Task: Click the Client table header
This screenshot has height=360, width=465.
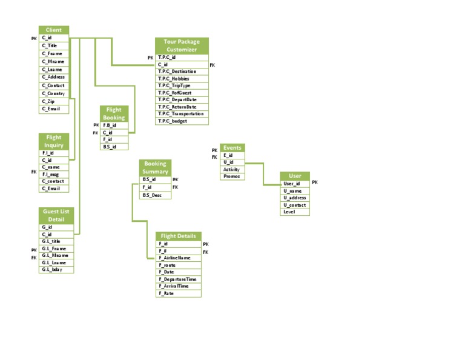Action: click(54, 30)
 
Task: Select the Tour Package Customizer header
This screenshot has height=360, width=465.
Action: click(182, 45)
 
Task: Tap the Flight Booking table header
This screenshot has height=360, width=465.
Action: click(114, 114)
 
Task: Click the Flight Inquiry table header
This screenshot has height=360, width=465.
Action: click(54, 141)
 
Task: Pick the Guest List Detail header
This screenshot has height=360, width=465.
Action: click(56, 215)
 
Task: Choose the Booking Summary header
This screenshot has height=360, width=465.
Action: click(156, 167)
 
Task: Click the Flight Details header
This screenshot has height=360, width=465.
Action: click(178, 236)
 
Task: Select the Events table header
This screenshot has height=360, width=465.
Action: click(232, 147)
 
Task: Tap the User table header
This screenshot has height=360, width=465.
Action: click(295, 176)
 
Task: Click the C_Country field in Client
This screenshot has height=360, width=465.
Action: click(54, 93)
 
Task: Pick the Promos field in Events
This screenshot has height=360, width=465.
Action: click(232, 176)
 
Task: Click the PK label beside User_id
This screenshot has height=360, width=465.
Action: click(315, 182)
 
